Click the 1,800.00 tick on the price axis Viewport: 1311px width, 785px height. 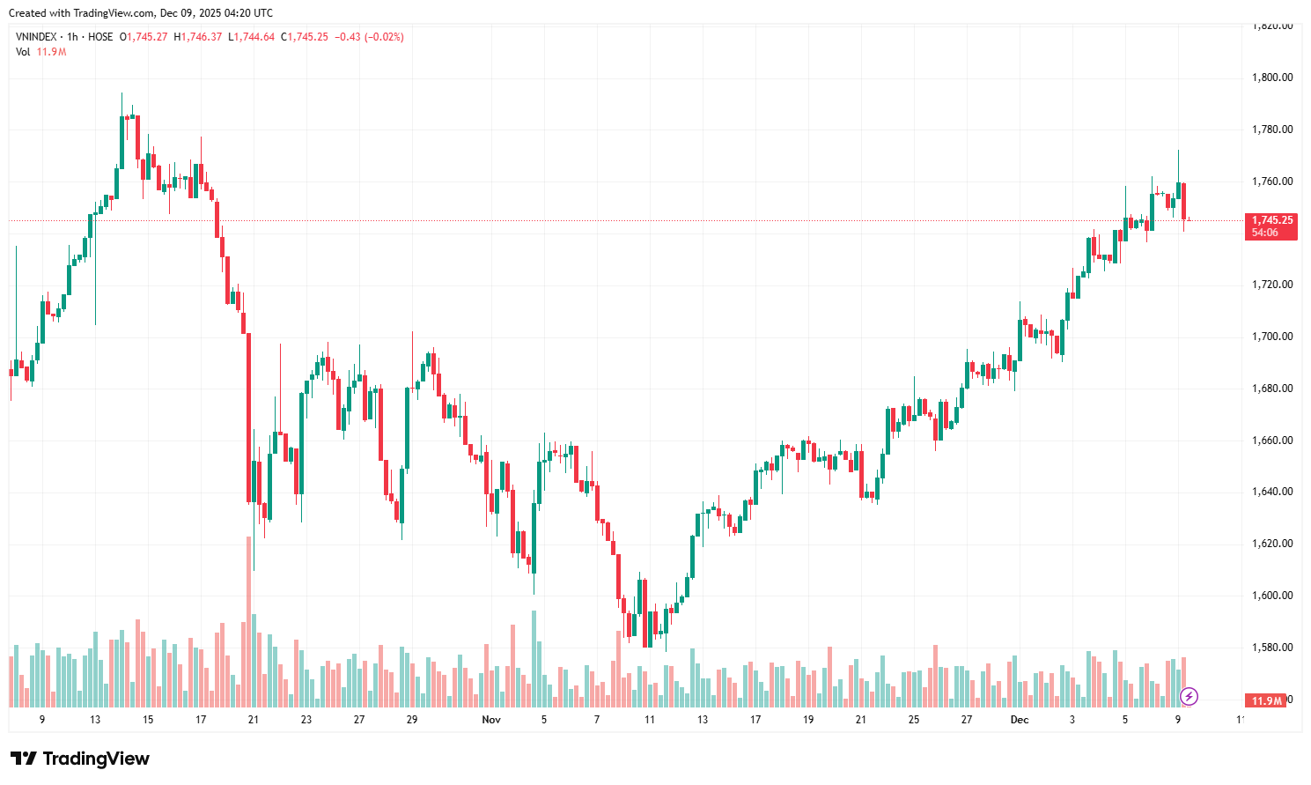coord(1271,78)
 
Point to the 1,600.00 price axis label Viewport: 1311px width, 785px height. coord(1271,596)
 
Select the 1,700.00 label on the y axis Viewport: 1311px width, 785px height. coord(1271,337)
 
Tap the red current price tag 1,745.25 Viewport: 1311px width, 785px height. coord(1272,220)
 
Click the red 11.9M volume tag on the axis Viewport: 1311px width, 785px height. coord(1267,701)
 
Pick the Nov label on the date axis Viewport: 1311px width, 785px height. coord(491,720)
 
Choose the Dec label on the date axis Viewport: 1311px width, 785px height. coord(1020,720)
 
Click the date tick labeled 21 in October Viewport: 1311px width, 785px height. coord(254,720)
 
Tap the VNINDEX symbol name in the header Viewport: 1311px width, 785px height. coord(36,37)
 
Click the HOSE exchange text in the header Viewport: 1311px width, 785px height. coord(100,37)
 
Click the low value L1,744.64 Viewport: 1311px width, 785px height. coord(252,37)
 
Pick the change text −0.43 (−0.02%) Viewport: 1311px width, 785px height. coord(369,37)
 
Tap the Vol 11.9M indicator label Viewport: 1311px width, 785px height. coord(41,52)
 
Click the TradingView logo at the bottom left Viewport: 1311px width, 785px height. coord(80,759)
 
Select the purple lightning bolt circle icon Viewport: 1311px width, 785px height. coord(1189,697)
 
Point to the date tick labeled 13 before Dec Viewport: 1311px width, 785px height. coord(703,720)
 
